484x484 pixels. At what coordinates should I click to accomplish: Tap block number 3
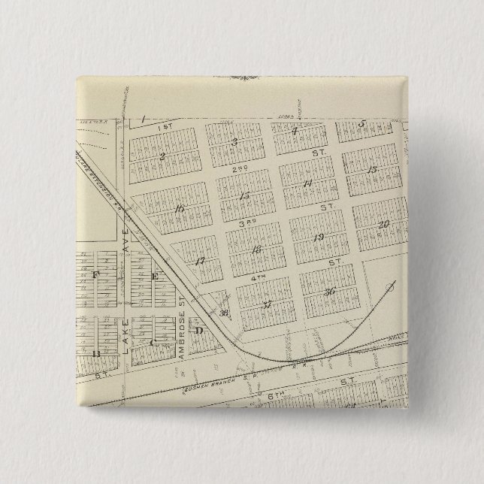point(235,141)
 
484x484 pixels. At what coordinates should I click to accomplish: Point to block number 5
point(361,125)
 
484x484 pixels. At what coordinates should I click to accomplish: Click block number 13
point(372,169)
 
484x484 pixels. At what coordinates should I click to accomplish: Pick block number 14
point(307,183)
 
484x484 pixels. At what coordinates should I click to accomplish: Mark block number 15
point(244,196)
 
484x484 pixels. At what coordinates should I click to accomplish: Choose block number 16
point(178,209)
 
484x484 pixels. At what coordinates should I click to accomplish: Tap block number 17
point(200,261)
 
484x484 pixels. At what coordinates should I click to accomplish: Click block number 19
point(319,237)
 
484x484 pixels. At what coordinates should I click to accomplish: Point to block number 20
point(383,224)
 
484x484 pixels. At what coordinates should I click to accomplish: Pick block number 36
point(329,292)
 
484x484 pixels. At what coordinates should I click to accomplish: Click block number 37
point(267,304)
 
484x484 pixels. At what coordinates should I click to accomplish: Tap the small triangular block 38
point(223,313)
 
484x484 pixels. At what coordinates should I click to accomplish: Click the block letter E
point(156,277)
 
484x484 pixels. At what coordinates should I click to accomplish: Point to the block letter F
point(95,274)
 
